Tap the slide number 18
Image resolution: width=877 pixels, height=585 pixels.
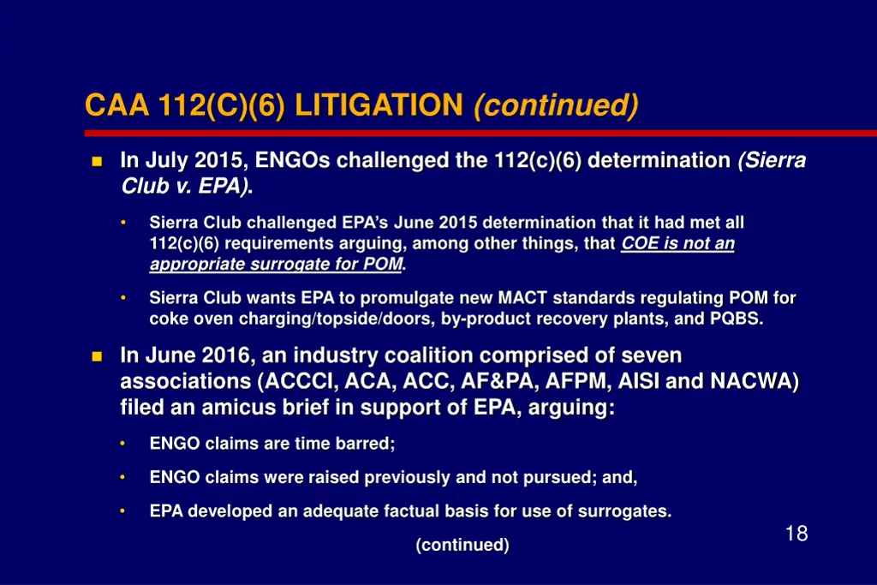tap(796, 534)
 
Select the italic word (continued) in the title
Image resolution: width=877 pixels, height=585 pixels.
tap(555, 105)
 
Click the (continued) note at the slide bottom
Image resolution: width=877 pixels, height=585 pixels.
tap(462, 545)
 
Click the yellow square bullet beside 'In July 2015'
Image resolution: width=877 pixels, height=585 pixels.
tap(96, 161)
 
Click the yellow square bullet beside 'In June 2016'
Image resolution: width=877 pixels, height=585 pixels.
tap(96, 355)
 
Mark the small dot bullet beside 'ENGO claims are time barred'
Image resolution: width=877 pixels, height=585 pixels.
tap(123, 444)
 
